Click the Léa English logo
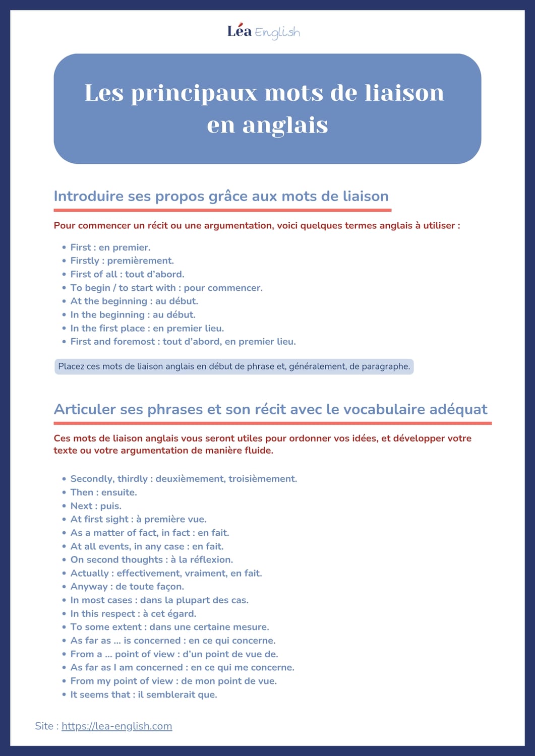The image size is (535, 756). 264,32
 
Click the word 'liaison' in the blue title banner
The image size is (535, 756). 404,93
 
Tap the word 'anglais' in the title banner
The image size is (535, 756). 285,125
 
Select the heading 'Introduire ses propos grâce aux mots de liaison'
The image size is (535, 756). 221,196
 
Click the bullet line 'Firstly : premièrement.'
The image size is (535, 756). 122,261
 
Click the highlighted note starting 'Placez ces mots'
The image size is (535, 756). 234,366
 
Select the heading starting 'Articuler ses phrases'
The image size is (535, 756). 271,409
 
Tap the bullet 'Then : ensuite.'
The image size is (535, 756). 103,492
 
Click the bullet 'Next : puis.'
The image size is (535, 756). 96,506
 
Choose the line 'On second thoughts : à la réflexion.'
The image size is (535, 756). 151,559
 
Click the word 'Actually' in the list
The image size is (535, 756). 89,573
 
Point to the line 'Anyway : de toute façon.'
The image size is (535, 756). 127,586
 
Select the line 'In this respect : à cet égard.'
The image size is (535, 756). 133,613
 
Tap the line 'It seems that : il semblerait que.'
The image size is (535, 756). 144,695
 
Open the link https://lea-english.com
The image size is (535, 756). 116,726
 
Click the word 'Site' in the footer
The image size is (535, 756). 44,726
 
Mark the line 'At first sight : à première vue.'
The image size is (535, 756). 138,519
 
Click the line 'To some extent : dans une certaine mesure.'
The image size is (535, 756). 169,627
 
